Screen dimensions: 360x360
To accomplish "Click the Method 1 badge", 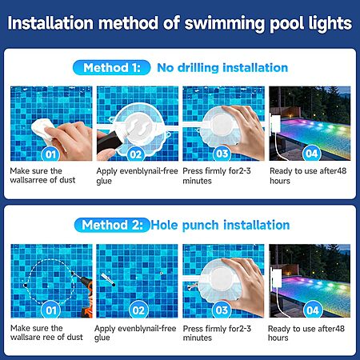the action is pyautogui.click(x=111, y=67).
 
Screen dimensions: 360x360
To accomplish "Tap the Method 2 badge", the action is pyautogui.click(x=112, y=225).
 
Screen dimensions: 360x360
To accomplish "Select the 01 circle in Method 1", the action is pyautogui.click(x=50, y=154).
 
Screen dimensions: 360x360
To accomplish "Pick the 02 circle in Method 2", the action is pyautogui.click(x=138, y=310).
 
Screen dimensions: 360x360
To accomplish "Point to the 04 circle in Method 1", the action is pyautogui.click(x=312, y=154).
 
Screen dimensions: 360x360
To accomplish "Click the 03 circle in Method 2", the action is pyautogui.click(x=222, y=310).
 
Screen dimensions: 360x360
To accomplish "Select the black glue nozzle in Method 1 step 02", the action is pyautogui.click(x=109, y=142).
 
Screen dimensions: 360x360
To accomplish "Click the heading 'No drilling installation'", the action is pyautogui.click(x=222, y=68).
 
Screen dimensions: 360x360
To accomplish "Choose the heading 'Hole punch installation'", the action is pyautogui.click(x=220, y=225).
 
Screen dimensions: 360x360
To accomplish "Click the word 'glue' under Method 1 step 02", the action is pyautogui.click(x=104, y=181).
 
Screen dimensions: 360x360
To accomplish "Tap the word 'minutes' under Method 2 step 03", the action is pyautogui.click(x=198, y=338).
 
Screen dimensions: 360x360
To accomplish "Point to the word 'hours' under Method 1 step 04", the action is pyautogui.click(x=280, y=181).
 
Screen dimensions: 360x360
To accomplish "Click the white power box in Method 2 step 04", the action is pyautogui.click(x=276, y=278).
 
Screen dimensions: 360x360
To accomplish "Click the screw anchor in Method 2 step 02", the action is pyautogui.click(x=108, y=279).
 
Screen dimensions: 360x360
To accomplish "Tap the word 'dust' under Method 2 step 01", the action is pyautogui.click(x=75, y=337).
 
